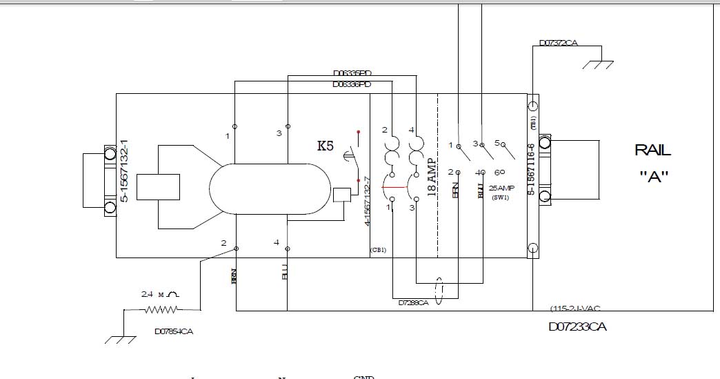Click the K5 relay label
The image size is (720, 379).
coord(325,146)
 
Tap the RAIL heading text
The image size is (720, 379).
coord(652,150)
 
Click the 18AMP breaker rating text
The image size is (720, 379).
coord(432,177)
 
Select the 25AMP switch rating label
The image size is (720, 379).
coord(501,188)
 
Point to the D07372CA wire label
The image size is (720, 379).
coord(559,43)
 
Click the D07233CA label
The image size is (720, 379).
coord(578,327)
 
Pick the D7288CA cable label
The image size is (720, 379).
coord(413,302)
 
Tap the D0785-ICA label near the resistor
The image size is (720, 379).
coord(174,331)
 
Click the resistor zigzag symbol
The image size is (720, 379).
coord(161,310)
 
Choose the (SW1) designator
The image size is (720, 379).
coord(500,197)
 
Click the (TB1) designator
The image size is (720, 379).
coord(533,123)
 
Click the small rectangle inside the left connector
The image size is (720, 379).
coord(159,187)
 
